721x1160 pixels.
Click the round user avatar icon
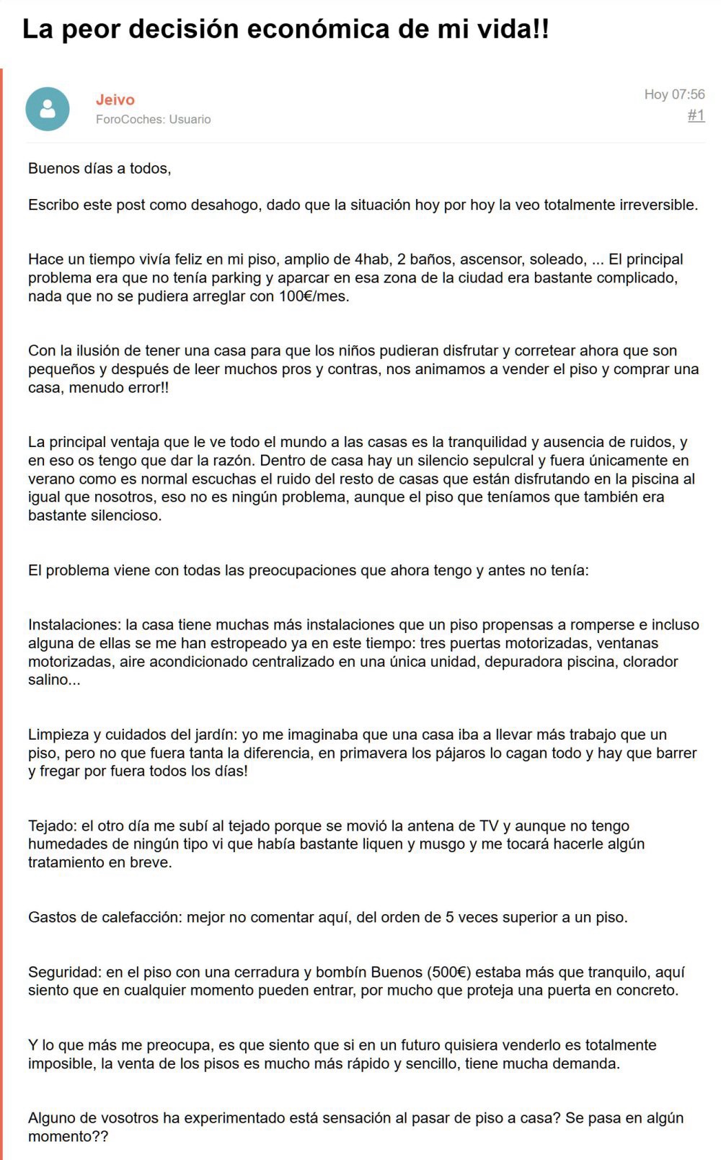(x=48, y=109)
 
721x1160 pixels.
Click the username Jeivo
(x=115, y=99)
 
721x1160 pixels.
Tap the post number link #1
(x=696, y=115)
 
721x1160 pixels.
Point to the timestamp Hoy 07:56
(x=674, y=94)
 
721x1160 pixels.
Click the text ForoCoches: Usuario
(x=154, y=120)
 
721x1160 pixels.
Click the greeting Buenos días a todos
(x=99, y=169)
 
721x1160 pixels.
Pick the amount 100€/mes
(x=314, y=296)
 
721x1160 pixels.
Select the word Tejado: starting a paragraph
(x=53, y=826)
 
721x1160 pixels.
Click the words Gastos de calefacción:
(x=105, y=918)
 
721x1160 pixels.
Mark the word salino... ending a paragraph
(x=54, y=680)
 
